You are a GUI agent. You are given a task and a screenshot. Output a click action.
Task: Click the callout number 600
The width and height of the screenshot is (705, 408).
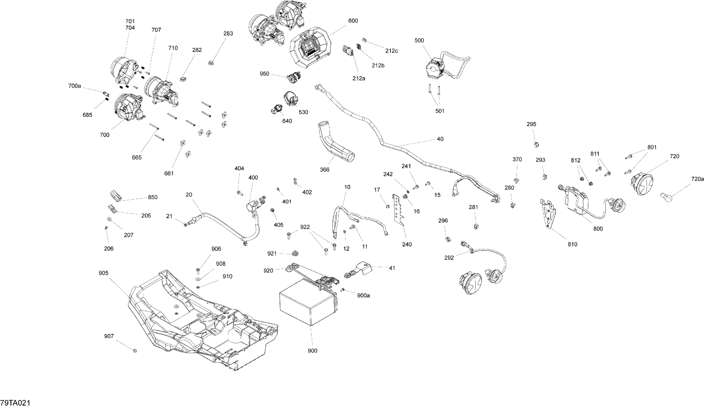coord(353,21)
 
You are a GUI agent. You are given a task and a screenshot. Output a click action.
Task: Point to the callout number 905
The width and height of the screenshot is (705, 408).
coord(103,273)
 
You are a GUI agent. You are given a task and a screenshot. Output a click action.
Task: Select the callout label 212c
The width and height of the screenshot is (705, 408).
coord(391,51)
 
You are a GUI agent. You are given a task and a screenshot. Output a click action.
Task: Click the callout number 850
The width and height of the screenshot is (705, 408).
coord(153,197)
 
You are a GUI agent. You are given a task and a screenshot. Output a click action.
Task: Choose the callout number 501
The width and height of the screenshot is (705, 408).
coord(440,111)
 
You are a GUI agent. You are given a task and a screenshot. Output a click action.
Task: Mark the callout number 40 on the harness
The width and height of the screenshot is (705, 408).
coord(440,139)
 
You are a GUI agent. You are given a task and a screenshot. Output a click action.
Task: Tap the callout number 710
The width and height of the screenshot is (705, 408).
coord(173,48)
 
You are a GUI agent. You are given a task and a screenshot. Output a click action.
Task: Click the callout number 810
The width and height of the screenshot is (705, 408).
coord(572,244)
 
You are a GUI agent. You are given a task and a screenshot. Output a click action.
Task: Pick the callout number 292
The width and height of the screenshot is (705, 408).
coord(449,258)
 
